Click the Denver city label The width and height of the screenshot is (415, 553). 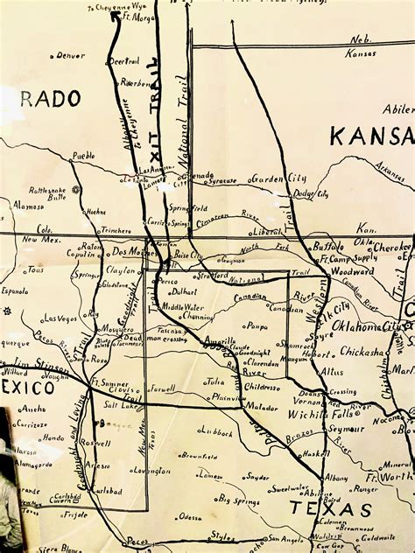[72, 55]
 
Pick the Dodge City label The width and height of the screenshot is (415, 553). [310, 193]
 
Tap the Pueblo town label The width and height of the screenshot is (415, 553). [83, 155]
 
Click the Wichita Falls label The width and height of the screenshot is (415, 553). [328, 414]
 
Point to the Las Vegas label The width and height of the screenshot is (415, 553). [60, 318]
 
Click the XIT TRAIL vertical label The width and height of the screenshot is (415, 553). [153, 96]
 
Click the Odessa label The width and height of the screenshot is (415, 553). [188, 517]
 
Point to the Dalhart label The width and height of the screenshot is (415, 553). [185, 291]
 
